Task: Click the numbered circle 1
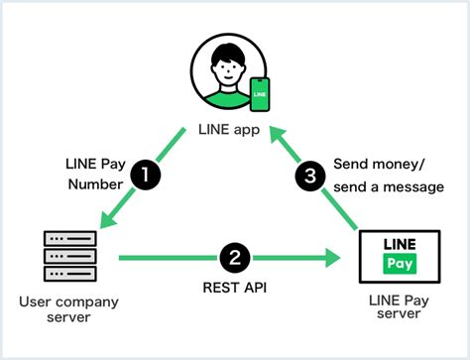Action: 146,175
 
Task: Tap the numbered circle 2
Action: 234,259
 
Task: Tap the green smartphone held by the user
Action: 260,95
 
